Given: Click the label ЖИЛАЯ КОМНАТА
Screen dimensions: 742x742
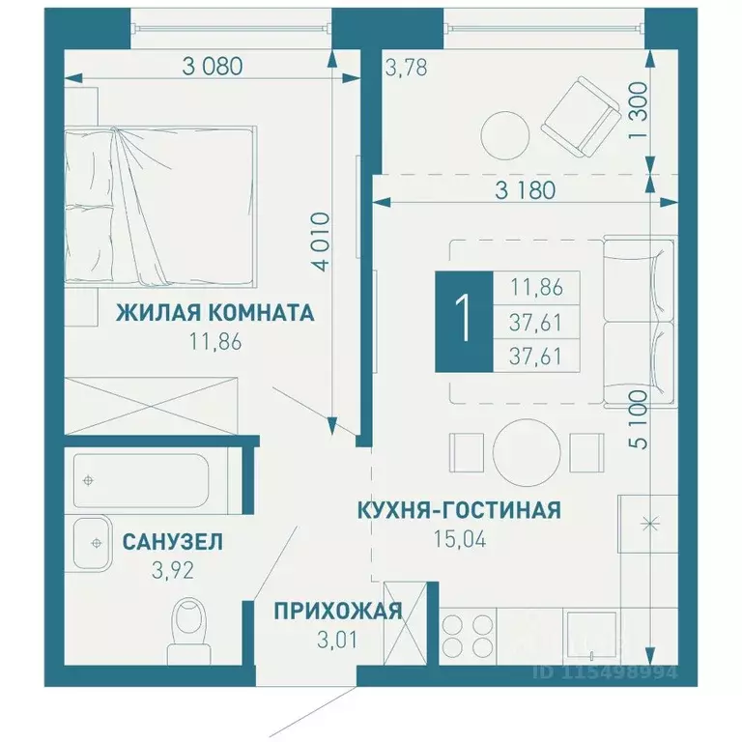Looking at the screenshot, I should [x=214, y=314].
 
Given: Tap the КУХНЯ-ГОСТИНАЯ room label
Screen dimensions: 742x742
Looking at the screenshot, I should [x=459, y=510].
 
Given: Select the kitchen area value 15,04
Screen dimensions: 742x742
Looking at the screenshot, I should [x=460, y=537].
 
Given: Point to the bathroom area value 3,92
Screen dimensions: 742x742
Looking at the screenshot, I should [x=172, y=569].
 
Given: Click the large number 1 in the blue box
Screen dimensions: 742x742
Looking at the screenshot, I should [x=464, y=323].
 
